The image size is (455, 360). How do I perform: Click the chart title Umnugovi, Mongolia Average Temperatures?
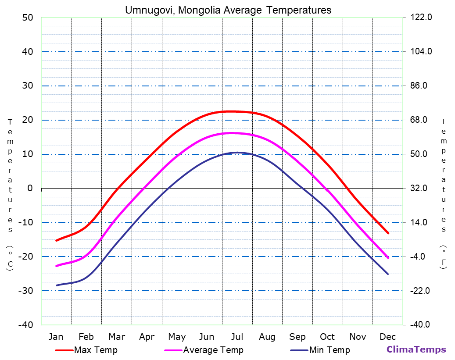point(228,10)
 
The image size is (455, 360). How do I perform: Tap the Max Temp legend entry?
point(96,350)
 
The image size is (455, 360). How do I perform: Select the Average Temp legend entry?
point(213,350)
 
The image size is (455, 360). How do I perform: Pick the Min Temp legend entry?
point(330,350)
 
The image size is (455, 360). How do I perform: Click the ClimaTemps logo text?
point(416,349)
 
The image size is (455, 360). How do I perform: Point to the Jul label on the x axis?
point(237,337)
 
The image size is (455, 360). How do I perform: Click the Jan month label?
point(56,337)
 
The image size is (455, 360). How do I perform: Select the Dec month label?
point(388,337)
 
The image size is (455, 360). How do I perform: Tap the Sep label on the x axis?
point(297,337)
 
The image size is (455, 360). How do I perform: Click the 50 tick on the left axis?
point(27,18)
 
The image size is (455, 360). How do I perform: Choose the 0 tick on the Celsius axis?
point(30,189)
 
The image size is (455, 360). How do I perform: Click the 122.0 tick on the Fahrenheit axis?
point(421,18)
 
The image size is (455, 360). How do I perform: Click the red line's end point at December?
point(388,233)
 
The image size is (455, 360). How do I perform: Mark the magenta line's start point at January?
point(56,266)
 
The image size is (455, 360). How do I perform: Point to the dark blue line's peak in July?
point(237,152)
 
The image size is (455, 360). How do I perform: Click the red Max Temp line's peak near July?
point(233,111)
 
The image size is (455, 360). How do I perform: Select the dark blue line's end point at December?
point(388,274)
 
